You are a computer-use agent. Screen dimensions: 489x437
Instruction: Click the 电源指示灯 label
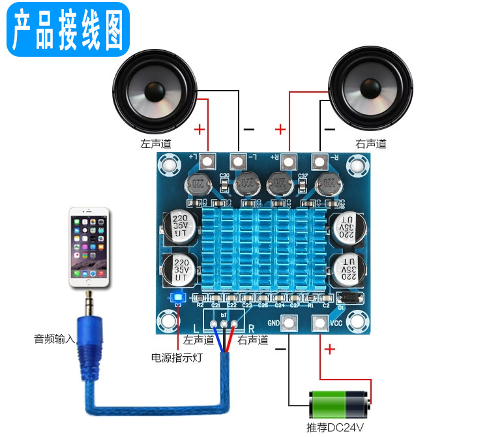(177, 357)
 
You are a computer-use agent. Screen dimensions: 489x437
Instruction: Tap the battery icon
(339, 404)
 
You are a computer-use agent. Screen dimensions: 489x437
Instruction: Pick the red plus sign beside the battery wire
(330, 350)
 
